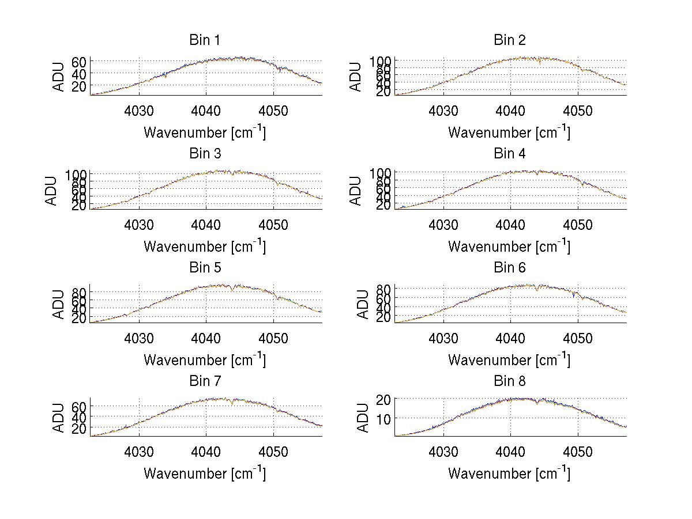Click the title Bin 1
(205, 40)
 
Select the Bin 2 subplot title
(510, 40)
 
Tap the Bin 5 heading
(205, 268)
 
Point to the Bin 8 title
(510, 381)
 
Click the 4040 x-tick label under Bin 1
(206, 111)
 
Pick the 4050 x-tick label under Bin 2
(578, 111)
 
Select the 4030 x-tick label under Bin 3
(139, 225)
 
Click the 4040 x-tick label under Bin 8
(510, 452)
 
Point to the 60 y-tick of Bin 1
(79, 61)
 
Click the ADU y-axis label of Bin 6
(356, 304)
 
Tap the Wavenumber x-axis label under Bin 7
(205, 473)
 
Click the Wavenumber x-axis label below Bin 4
(509, 247)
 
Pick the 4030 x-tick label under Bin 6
(443, 338)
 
